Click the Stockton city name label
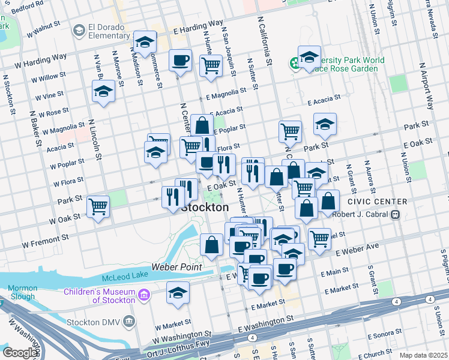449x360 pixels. [205, 207]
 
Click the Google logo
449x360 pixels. [19, 353]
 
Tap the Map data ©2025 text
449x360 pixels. [423, 355]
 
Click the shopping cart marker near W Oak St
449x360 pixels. [98, 206]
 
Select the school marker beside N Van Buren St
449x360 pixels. [103, 92]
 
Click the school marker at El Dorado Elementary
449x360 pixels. [145, 41]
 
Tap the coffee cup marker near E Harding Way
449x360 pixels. [181, 60]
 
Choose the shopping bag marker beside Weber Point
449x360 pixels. [211, 244]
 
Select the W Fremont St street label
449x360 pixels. [46, 242]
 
